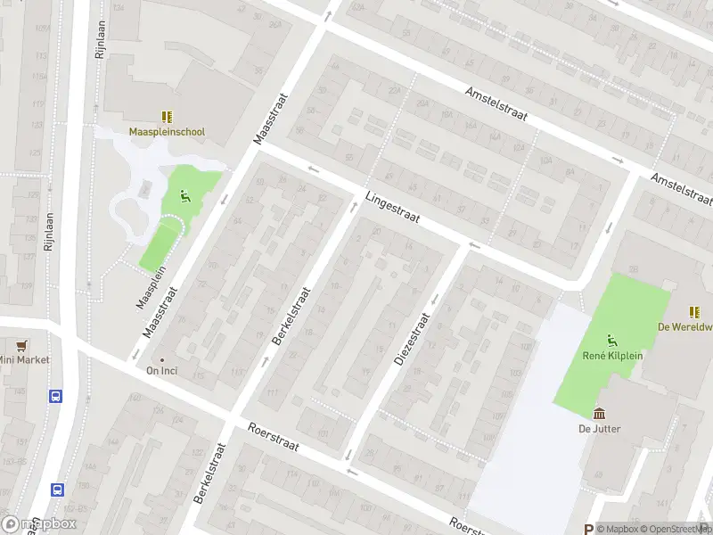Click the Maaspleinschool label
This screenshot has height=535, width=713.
[167, 132]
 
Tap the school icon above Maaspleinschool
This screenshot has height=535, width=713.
[167, 116]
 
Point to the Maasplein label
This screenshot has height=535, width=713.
[157, 285]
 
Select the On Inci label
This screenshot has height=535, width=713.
[163, 371]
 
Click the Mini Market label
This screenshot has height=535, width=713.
[24, 360]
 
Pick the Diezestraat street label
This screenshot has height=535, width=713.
[412, 339]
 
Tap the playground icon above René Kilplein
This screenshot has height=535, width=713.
[611, 339]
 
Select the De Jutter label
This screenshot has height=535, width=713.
[600, 429]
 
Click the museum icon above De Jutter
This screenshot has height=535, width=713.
[600, 413]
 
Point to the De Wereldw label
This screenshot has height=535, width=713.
[685, 326]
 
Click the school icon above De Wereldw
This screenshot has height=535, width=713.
[693, 311]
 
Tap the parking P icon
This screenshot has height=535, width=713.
[587, 528]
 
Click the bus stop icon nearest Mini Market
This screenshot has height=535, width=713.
[56, 396]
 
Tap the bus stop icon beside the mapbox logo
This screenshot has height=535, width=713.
[57, 489]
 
